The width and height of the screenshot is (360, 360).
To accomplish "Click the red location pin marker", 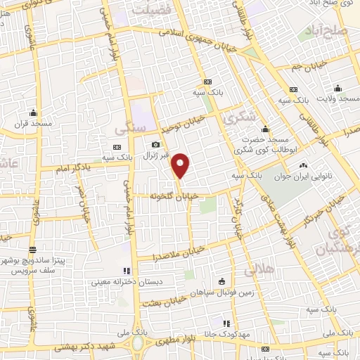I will pyautogui.click(x=181, y=165).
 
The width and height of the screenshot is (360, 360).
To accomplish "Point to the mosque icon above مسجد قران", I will pyautogui.click(x=33, y=112).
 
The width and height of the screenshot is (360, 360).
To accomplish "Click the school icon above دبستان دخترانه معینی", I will pyautogui.click(x=127, y=270).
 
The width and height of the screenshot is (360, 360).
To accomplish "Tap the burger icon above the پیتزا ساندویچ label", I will pyautogui.click(x=32, y=250).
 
